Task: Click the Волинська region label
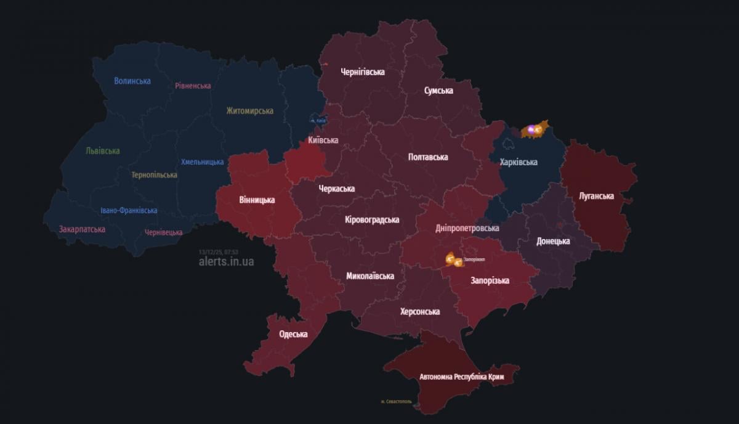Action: point(132,81)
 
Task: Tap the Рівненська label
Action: point(193,86)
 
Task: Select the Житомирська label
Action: point(249,111)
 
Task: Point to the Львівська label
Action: point(103,151)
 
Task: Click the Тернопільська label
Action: point(154,175)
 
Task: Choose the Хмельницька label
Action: point(202,162)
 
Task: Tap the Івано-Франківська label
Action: point(129,211)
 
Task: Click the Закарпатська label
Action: point(82,229)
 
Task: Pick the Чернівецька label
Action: point(163,232)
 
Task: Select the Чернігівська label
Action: point(363,72)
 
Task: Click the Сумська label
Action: point(438,91)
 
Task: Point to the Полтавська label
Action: point(428,157)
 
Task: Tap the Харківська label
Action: point(519,162)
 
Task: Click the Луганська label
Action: point(596,196)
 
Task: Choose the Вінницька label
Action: point(257,200)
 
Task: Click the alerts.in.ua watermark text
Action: point(226,261)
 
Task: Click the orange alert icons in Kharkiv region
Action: point(533,130)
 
